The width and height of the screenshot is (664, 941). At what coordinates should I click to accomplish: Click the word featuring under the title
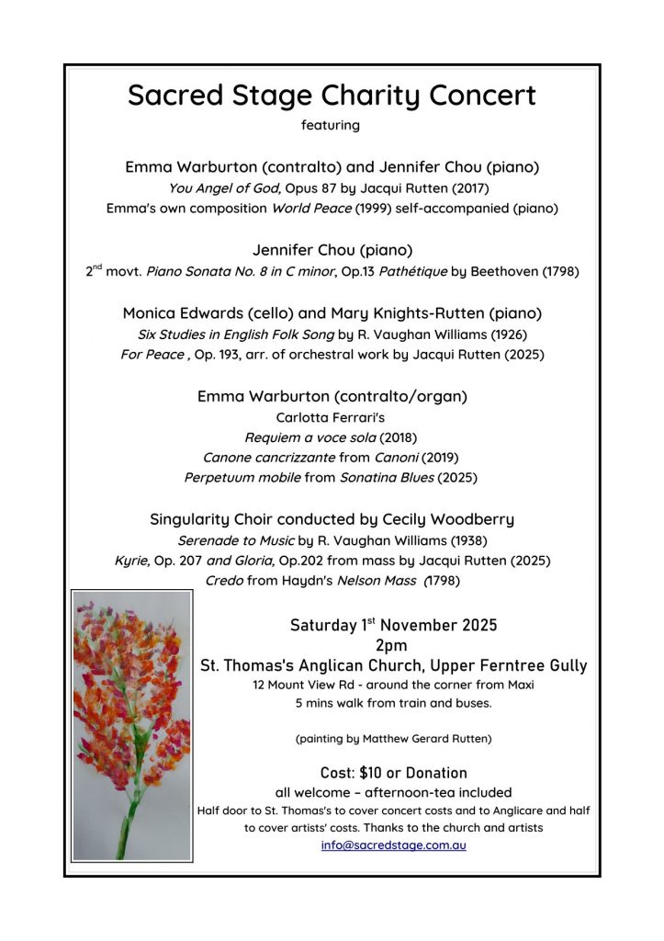[331, 124]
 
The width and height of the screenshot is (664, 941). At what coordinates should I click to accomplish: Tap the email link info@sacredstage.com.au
[394, 845]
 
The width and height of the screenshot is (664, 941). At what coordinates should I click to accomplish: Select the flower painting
[132, 726]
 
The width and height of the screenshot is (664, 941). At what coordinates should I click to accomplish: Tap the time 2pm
[392, 645]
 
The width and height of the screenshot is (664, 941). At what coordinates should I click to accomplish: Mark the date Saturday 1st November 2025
[394, 625]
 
